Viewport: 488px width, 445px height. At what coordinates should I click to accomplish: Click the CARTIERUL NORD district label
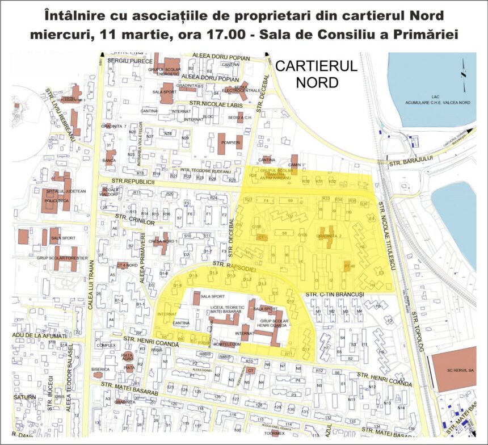coord(316,74)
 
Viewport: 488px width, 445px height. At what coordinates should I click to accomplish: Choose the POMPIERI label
coord(231,143)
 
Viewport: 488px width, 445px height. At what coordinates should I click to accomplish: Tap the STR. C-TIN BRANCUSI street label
coord(334,295)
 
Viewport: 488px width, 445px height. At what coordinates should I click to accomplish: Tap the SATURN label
coord(24,397)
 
